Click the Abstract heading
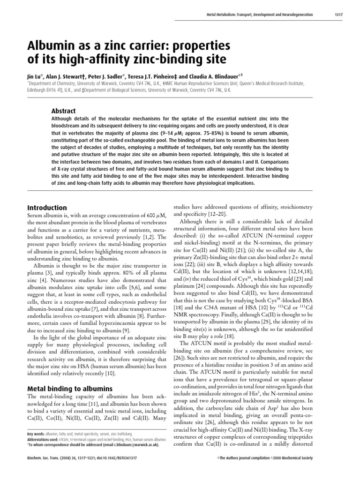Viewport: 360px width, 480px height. pos(63,111)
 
